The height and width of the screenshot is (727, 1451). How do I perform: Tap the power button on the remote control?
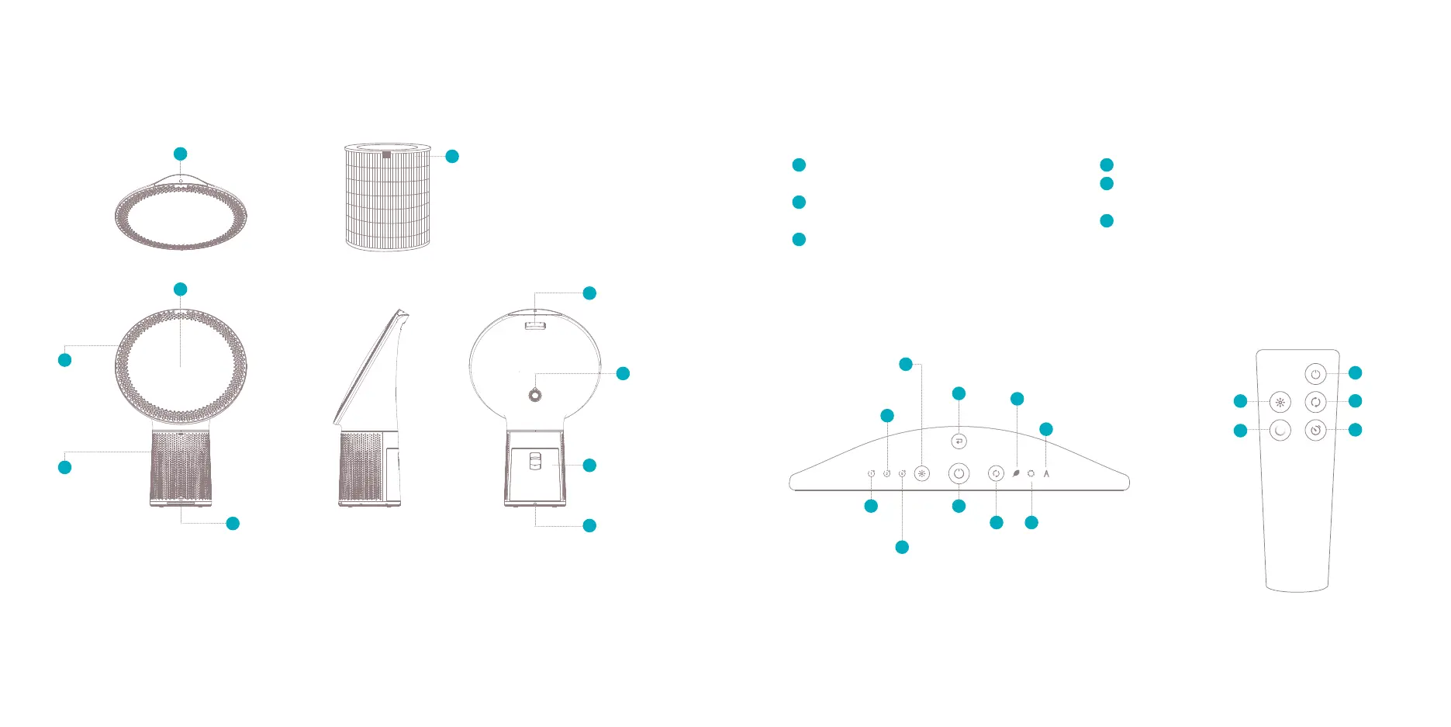tap(1315, 374)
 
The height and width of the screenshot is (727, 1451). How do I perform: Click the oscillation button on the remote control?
tap(1315, 402)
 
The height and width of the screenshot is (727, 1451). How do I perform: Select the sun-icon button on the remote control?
tap(1280, 403)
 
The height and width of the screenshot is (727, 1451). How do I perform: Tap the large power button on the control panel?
tap(959, 473)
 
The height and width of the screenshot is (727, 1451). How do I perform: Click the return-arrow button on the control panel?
tap(959, 441)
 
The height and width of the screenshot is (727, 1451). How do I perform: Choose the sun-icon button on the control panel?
tap(921, 473)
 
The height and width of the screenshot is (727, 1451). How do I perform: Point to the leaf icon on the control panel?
tap(1016, 473)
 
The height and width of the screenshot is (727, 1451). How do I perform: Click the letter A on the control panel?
tap(1046, 473)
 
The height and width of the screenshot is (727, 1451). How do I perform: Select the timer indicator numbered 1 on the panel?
tap(871, 473)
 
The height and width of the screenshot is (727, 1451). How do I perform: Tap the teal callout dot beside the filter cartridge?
tap(452, 157)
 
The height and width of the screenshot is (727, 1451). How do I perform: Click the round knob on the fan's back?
tap(534, 395)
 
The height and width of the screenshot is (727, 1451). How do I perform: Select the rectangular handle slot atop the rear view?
tap(535, 325)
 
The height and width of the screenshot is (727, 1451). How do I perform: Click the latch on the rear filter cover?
tap(534, 462)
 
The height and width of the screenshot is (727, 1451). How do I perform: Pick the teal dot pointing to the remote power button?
tap(1355, 373)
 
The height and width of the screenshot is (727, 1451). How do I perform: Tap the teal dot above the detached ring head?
tap(181, 154)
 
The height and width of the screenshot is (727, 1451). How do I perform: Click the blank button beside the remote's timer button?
tap(1280, 430)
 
